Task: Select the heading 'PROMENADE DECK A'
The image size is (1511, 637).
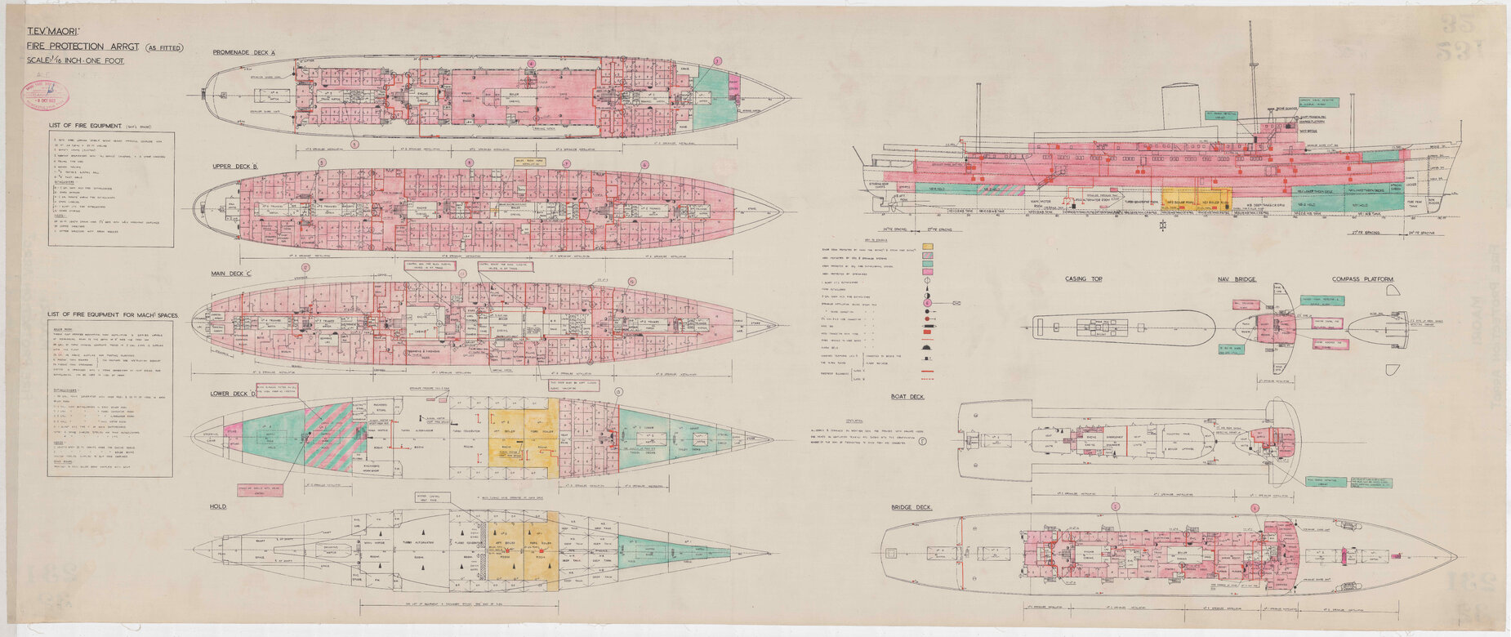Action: (244, 52)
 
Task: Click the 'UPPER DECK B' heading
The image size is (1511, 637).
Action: (235, 166)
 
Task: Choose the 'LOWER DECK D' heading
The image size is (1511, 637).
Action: (234, 393)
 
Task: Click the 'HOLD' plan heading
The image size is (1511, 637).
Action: (218, 506)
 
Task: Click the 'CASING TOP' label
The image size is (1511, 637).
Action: (1084, 279)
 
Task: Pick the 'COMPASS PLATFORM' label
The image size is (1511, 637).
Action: (1362, 279)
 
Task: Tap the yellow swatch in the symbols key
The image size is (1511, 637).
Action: (927, 246)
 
